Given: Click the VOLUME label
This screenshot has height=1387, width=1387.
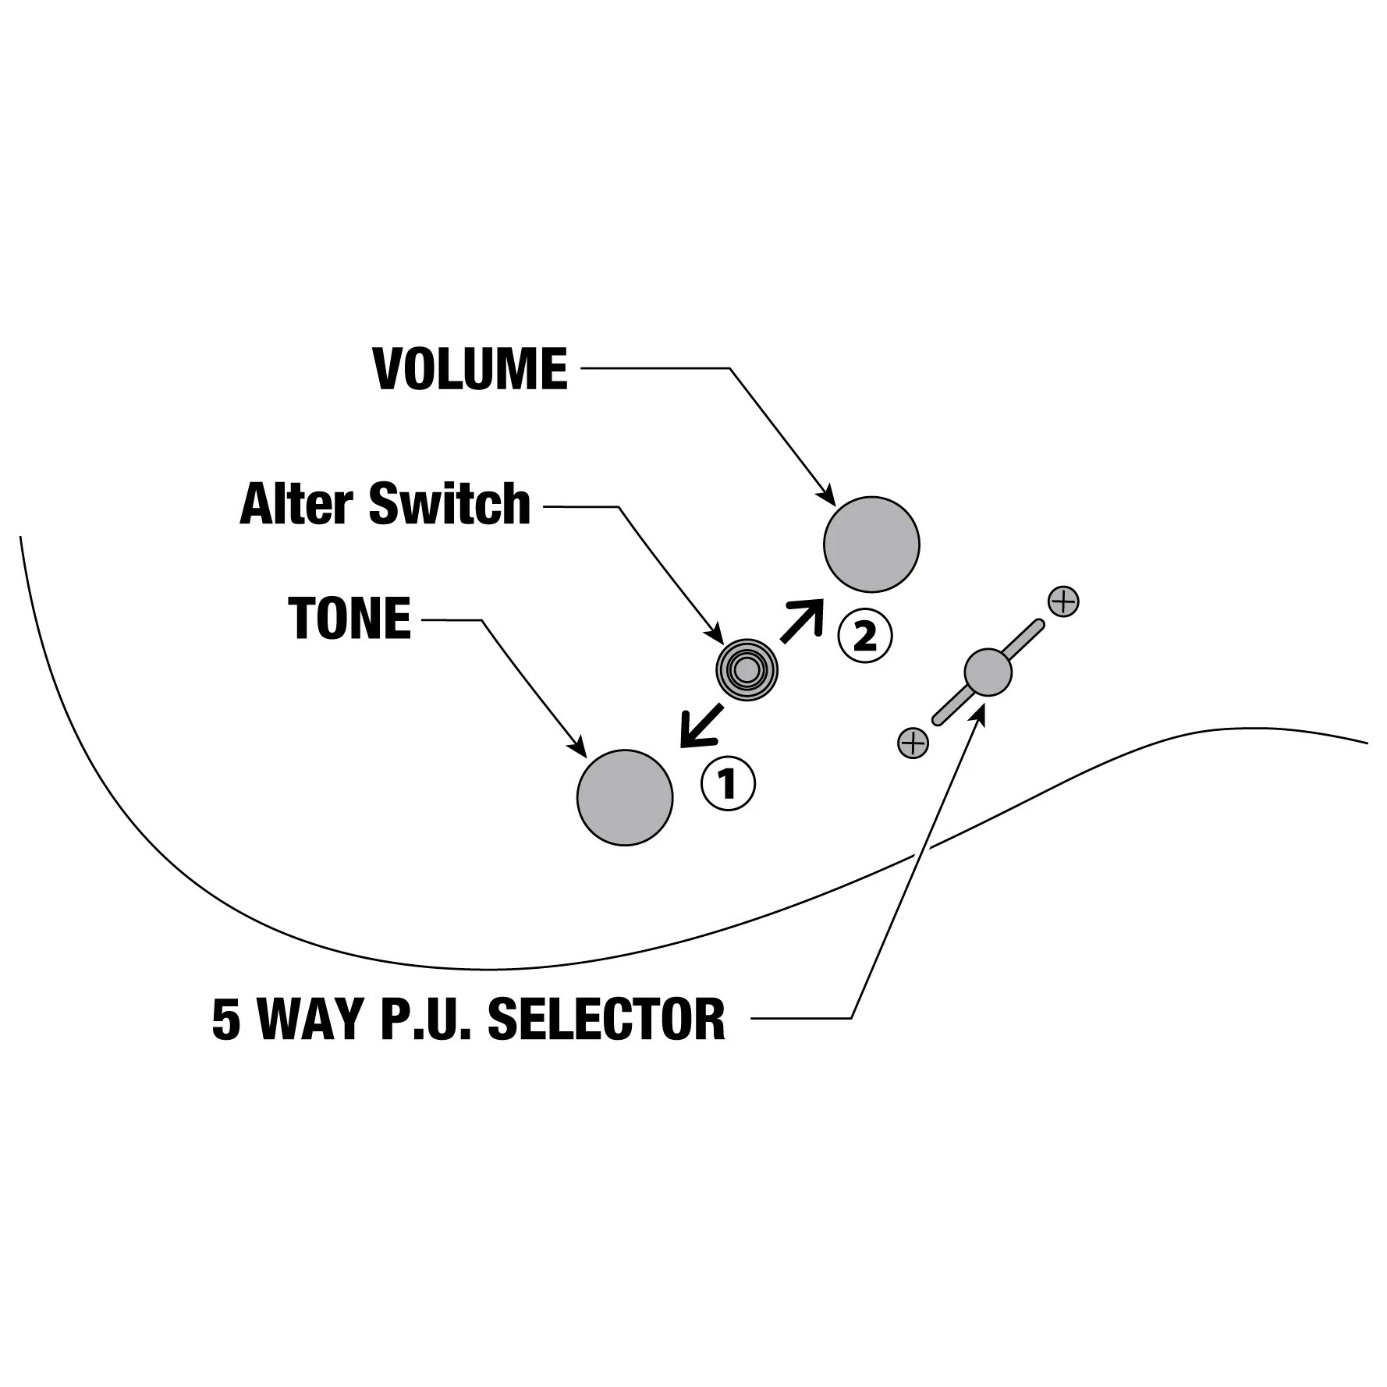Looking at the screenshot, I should [470, 369].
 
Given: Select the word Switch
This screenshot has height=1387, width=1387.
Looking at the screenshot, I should [449, 504].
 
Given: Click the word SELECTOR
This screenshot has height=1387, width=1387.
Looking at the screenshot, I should [606, 1019].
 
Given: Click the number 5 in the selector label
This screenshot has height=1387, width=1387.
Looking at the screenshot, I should [226, 1019].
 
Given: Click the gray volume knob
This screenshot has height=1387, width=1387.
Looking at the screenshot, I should [871, 544].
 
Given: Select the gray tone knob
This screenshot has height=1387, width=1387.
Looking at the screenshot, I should [625, 797].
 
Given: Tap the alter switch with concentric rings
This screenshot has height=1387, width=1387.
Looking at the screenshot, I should [747, 669].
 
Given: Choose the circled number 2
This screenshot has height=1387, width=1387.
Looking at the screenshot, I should [864, 637].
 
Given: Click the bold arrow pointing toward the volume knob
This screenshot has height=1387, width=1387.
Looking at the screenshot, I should [802, 621].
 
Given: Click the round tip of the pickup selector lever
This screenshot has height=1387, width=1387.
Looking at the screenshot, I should [988, 672].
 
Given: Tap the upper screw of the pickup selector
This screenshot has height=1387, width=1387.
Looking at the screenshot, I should [1064, 601].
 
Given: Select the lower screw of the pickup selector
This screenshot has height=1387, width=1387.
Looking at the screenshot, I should [913, 743].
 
